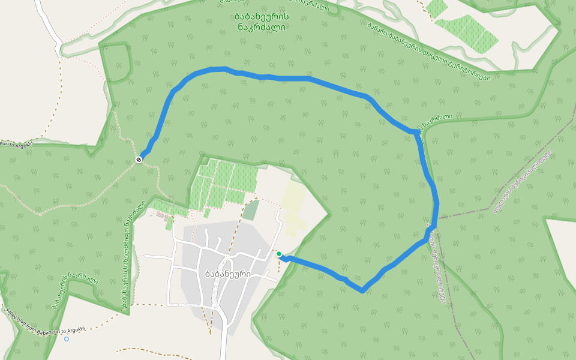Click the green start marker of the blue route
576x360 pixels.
[x=279, y=254]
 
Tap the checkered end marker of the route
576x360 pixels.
[x=139, y=159]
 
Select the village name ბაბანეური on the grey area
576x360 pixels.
[x=227, y=274]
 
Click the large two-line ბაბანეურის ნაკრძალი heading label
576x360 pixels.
[x=262, y=22]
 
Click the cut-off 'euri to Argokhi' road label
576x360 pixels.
[x=16, y=144]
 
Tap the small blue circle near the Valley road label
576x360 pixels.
[x=67, y=339]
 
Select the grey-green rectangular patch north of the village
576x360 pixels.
[x=251, y=210]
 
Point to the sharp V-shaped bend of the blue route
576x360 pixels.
[x=362, y=291]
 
